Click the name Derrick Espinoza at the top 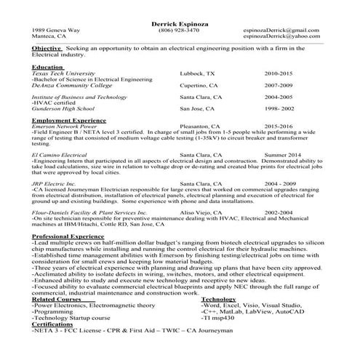click(179, 23)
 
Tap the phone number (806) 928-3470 click(178, 31)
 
